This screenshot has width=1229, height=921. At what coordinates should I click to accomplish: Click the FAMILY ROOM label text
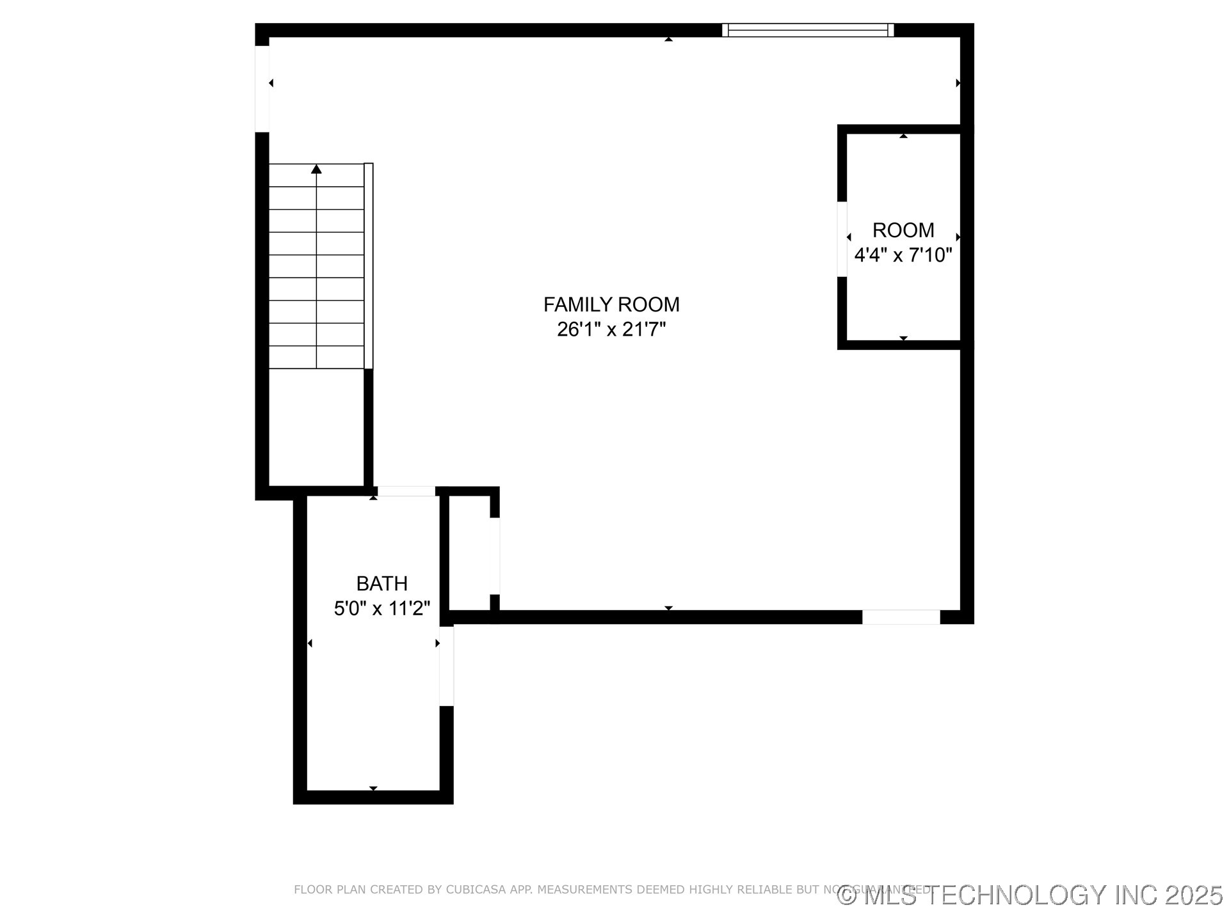click(x=611, y=304)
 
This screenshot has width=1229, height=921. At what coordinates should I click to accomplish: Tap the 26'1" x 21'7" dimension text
click(x=611, y=329)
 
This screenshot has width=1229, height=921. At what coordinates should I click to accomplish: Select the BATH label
click(x=382, y=583)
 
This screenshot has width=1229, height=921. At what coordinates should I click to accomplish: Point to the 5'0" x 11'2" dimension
click(x=382, y=608)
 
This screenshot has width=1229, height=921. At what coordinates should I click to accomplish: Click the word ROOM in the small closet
click(x=903, y=230)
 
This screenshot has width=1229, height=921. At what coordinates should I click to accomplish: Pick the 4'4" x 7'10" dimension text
click(x=903, y=255)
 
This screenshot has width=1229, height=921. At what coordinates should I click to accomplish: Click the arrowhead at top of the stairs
click(x=316, y=169)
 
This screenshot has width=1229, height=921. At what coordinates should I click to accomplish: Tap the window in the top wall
click(x=808, y=30)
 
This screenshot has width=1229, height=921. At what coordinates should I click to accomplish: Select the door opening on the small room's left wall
click(x=842, y=240)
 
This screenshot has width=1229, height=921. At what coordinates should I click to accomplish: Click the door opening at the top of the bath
click(x=406, y=491)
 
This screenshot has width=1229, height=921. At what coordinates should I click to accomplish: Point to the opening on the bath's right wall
click(x=446, y=666)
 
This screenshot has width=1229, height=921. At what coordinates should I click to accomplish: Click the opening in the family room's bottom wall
click(x=901, y=617)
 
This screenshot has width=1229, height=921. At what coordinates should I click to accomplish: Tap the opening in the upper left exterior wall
click(x=262, y=89)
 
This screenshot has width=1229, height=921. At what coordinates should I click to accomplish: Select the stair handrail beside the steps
click(x=369, y=265)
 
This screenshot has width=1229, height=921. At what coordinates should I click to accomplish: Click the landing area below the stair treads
click(x=316, y=427)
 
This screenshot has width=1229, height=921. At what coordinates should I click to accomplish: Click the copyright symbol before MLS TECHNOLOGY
click(x=847, y=895)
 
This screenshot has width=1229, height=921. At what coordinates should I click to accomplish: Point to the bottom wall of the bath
click(x=373, y=797)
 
